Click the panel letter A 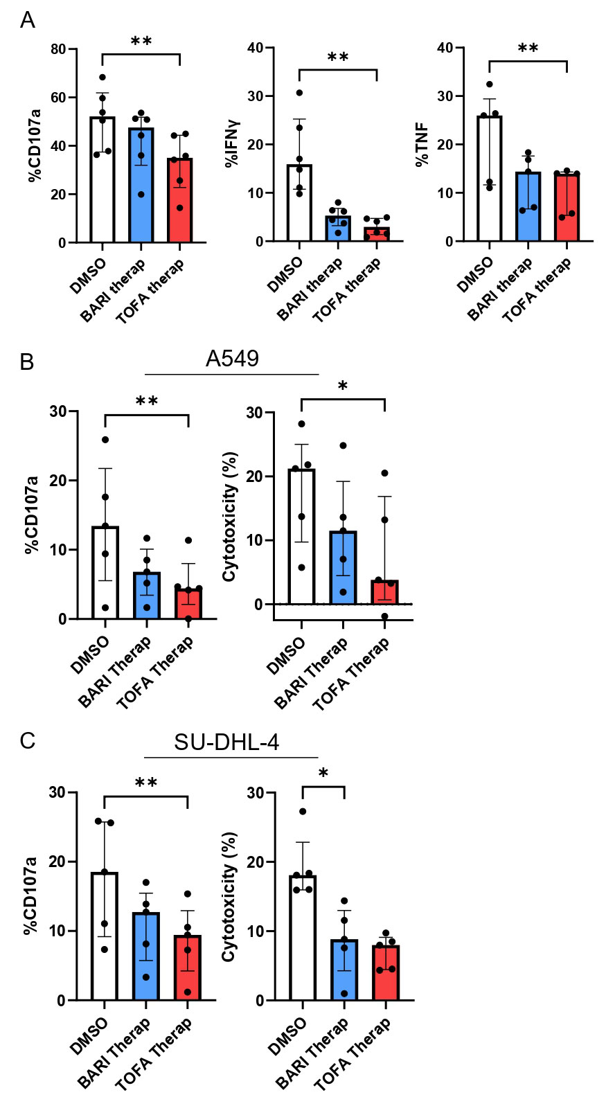tap(27, 21)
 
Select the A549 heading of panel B tap(232, 358)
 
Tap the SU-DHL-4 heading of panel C tap(226, 742)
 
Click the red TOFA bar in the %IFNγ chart tap(377, 234)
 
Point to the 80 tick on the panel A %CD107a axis tap(58, 49)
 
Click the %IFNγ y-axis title tap(231, 145)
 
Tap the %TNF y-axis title tap(421, 145)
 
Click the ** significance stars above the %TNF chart tap(528, 49)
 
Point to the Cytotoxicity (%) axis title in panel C tap(229, 896)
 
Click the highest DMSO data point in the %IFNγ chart tap(299, 93)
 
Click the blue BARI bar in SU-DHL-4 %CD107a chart tap(146, 959)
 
